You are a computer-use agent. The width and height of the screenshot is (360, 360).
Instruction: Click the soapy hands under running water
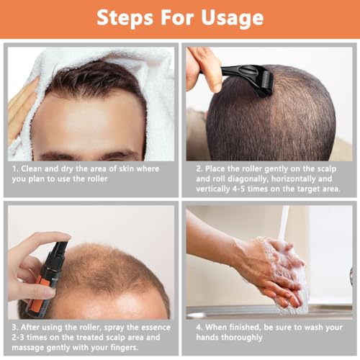[x=277, y=270]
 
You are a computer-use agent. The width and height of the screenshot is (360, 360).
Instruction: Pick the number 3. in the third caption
[x=14, y=324]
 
